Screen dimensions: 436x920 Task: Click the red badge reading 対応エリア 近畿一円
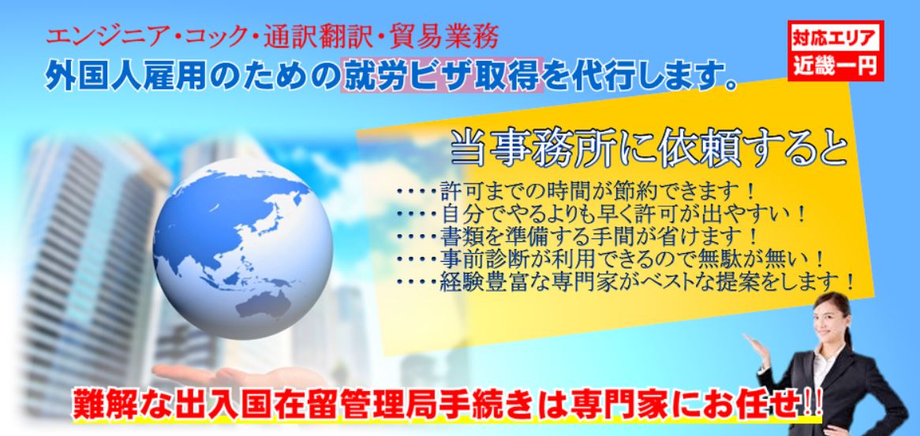(837, 51)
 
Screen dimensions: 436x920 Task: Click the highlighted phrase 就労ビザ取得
(442, 77)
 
